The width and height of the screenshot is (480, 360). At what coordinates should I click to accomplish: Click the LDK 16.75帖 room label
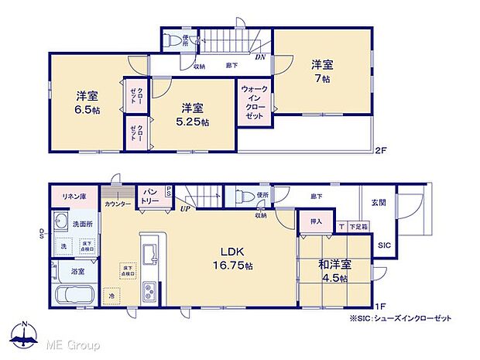228,258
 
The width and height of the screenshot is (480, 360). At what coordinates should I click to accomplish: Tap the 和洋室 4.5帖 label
334,271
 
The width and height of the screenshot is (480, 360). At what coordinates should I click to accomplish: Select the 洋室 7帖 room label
322,70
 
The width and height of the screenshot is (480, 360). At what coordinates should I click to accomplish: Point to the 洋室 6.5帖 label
87,104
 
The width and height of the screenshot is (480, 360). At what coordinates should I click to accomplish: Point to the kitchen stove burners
149,293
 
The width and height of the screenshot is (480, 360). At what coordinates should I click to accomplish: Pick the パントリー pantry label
149,197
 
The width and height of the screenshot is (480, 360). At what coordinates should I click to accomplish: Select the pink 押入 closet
316,221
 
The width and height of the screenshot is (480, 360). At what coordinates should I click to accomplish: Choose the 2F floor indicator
380,149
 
